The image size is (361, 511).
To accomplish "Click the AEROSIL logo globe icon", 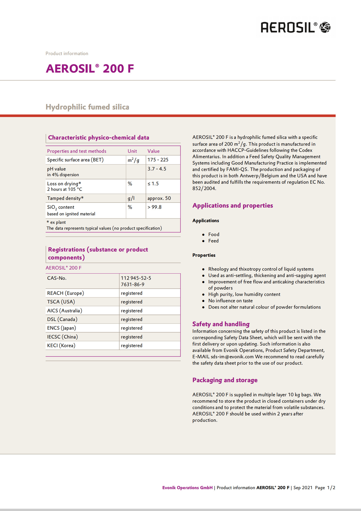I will [325, 27].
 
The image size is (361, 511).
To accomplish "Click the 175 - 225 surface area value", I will [158, 160].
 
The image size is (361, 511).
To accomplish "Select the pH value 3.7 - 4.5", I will [157, 169].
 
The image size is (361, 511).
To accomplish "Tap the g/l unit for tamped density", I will [131, 198].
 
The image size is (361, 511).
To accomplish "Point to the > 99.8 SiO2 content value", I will [154, 207].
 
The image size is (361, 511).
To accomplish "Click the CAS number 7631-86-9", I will [133, 285].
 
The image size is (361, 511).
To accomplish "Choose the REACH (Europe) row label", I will [65, 293].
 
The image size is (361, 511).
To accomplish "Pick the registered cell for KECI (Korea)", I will [132, 345].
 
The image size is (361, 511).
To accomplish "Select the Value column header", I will [154, 151].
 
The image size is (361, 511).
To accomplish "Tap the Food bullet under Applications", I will [214, 234].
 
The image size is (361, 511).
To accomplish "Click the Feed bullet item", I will [214, 241].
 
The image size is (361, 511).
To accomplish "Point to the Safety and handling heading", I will [221, 324].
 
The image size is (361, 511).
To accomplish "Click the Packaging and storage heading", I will [225, 380].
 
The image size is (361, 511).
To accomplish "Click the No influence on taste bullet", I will [231, 301].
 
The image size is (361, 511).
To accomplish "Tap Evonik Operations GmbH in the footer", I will [187, 488].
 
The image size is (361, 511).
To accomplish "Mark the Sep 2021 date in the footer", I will [303, 488].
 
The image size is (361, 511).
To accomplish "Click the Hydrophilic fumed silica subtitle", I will [87, 107].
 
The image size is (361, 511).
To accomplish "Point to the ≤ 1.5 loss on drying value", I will [153, 184].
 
